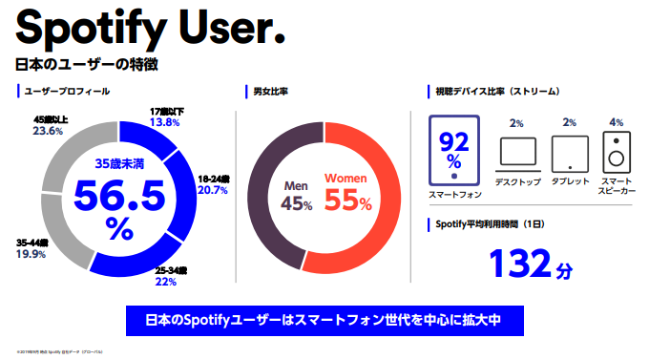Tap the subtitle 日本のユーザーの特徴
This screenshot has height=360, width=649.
(x=86, y=66)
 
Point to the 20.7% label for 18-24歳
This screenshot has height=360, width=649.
(x=213, y=190)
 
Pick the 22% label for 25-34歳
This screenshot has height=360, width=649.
(x=166, y=282)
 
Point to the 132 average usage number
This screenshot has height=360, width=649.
(x=521, y=263)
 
